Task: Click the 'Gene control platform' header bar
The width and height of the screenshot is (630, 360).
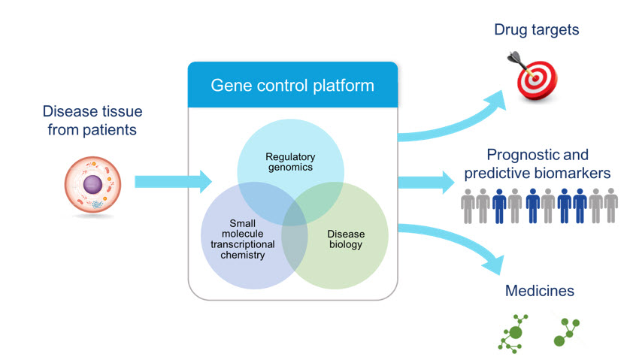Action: point(292,85)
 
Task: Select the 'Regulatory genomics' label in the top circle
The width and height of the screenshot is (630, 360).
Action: point(290,162)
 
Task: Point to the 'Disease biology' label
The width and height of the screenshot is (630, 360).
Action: point(345,239)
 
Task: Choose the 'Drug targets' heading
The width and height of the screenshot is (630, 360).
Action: point(536,31)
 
